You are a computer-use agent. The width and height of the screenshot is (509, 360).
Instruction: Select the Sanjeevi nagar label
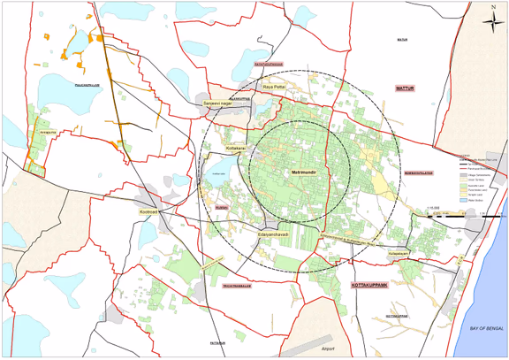[217, 103]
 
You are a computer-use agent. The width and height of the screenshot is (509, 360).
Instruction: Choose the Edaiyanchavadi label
[273, 234]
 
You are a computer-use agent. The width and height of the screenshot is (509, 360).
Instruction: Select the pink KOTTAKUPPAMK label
[372, 287]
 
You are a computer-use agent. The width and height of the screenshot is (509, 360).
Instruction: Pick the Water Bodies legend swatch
[462, 201]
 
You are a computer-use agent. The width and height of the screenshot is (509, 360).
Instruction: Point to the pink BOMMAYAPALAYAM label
[420, 173]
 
